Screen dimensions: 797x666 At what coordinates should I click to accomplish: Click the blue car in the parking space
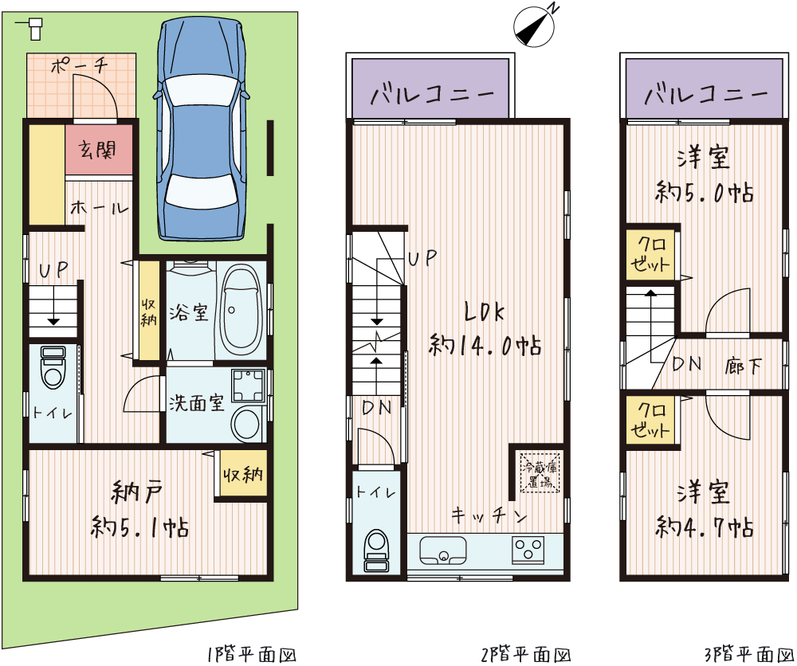coord(202,130)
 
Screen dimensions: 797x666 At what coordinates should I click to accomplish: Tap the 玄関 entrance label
coord(97,149)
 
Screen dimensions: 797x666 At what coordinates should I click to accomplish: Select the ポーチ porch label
coord(80,65)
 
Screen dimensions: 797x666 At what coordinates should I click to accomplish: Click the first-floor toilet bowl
coord(53,367)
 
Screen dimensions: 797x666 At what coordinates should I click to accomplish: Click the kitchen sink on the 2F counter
coord(442,550)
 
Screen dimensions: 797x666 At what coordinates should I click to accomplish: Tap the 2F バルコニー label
coord(431,94)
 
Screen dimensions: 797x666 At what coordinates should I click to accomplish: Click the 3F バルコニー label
coord(705,94)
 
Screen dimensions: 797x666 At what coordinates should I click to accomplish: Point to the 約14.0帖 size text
coord(485,346)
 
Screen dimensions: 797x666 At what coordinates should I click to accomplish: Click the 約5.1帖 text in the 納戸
coord(139,527)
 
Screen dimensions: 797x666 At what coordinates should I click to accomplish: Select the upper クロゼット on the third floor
coord(650,253)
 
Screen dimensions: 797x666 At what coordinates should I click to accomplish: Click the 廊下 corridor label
coord(743,365)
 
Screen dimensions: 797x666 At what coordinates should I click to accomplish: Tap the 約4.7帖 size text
coord(705,527)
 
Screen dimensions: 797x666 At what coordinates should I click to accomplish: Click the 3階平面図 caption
coord(749,655)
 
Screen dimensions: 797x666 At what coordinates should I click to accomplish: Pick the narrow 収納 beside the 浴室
coord(149,311)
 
